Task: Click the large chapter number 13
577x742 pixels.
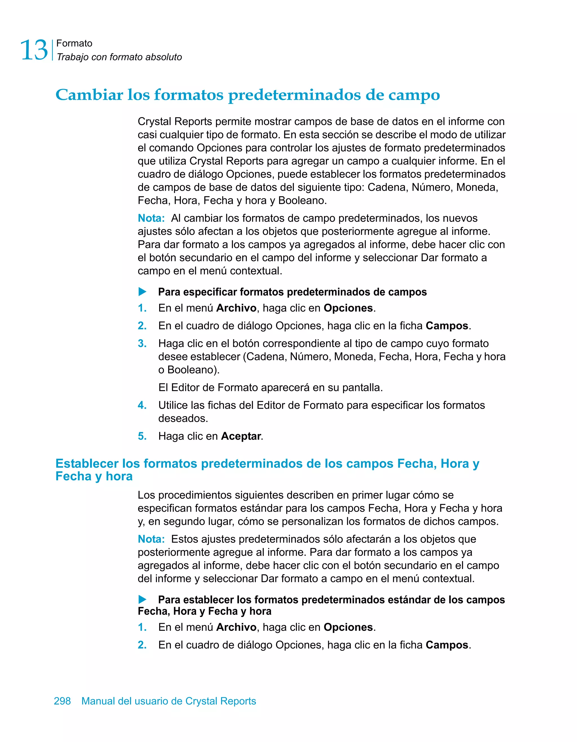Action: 34,50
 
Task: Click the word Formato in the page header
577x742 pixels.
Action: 74,43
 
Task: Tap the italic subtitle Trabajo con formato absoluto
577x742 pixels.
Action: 119,57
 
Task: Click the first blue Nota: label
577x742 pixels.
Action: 151,218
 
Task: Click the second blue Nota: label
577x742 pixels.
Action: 151,539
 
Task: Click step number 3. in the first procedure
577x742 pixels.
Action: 142,343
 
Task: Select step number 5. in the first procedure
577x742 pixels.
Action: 142,436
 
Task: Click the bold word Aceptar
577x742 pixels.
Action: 241,436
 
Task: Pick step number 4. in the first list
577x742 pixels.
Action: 142,405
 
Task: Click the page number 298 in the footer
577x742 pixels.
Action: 63,701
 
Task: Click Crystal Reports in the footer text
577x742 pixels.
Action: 221,701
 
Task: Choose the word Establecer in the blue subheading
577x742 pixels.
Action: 87,464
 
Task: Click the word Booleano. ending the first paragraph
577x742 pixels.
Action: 302,201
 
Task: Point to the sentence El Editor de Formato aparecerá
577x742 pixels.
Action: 270,388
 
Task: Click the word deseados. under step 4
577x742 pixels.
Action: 183,419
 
